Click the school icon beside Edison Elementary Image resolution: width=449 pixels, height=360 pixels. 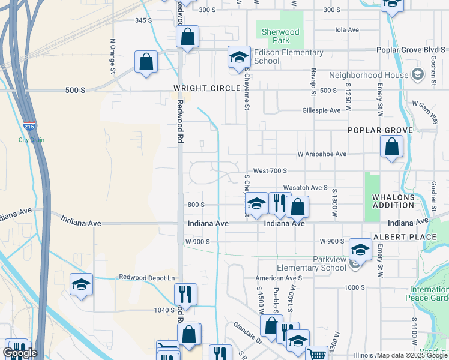pos(238,58)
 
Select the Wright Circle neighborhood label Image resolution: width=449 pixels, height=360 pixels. pos(207,88)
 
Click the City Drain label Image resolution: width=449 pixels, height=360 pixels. pos(31,140)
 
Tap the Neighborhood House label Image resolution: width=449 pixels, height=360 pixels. pos(368,76)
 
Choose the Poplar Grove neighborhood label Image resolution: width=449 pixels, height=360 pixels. pos(380,130)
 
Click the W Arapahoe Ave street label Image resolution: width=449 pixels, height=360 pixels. pos(322,154)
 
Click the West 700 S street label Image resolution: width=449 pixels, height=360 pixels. pos(270,171)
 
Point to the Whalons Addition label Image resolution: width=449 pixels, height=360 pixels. pos(393,201)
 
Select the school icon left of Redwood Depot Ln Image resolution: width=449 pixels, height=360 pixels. pos(81,285)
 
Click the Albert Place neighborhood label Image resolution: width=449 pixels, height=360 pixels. pos(405,237)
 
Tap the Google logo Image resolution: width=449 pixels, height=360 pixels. pos(20,353)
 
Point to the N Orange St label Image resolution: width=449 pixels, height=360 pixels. pos(112,57)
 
